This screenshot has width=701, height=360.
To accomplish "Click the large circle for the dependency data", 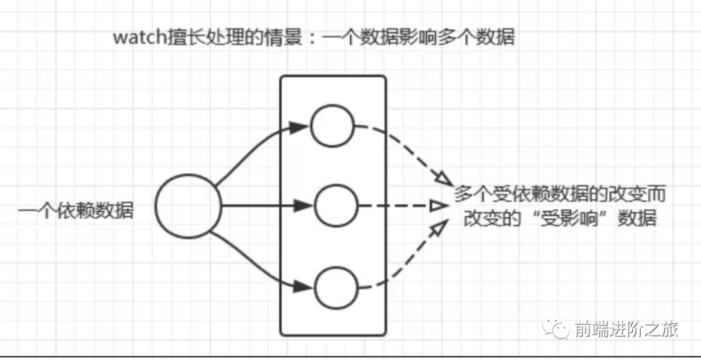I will pyautogui.click(x=188, y=207).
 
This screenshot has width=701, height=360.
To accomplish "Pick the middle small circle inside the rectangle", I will pyautogui.click(x=336, y=206).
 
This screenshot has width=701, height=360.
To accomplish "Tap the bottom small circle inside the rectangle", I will pyautogui.click(x=336, y=287).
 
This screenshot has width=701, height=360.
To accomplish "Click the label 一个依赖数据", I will pyautogui.click(x=75, y=210).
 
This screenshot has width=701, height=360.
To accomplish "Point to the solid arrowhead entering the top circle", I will pyautogui.click(x=298, y=127).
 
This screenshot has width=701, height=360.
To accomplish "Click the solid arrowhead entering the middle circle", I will pyautogui.click(x=303, y=206).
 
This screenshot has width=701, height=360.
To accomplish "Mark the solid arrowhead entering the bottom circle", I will pyautogui.click(x=301, y=285).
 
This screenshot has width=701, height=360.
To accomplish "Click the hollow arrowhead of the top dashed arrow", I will pyautogui.click(x=443, y=177).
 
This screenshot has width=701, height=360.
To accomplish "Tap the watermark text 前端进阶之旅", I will pyautogui.click(x=626, y=330).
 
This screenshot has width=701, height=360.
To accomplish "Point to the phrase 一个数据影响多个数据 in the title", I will pyautogui.click(x=418, y=38).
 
